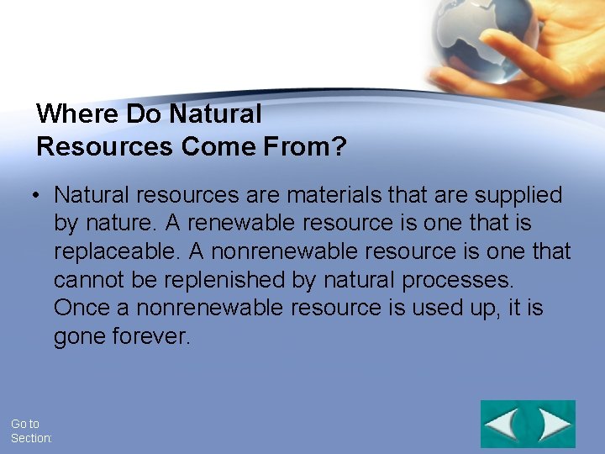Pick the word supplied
point(518,195)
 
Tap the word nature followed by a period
point(118,224)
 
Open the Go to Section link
point(30,431)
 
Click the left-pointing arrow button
point(503,424)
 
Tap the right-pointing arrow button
point(554,424)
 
